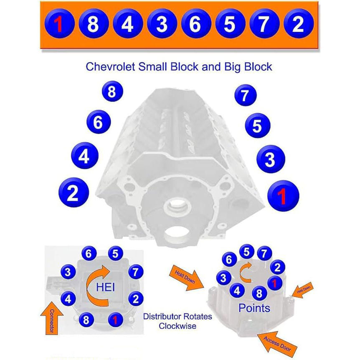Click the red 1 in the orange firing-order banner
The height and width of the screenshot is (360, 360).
point(59,25)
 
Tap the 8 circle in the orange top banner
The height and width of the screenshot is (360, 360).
point(93,25)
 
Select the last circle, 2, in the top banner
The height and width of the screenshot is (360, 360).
point(298,25)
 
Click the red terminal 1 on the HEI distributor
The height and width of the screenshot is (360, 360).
point(115,320)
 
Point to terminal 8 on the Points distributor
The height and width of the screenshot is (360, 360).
point(259,294)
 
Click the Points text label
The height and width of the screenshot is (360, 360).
point(254,308)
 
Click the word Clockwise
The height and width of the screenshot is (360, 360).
point(177,326)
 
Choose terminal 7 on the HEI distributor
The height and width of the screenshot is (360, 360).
point(134,272)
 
